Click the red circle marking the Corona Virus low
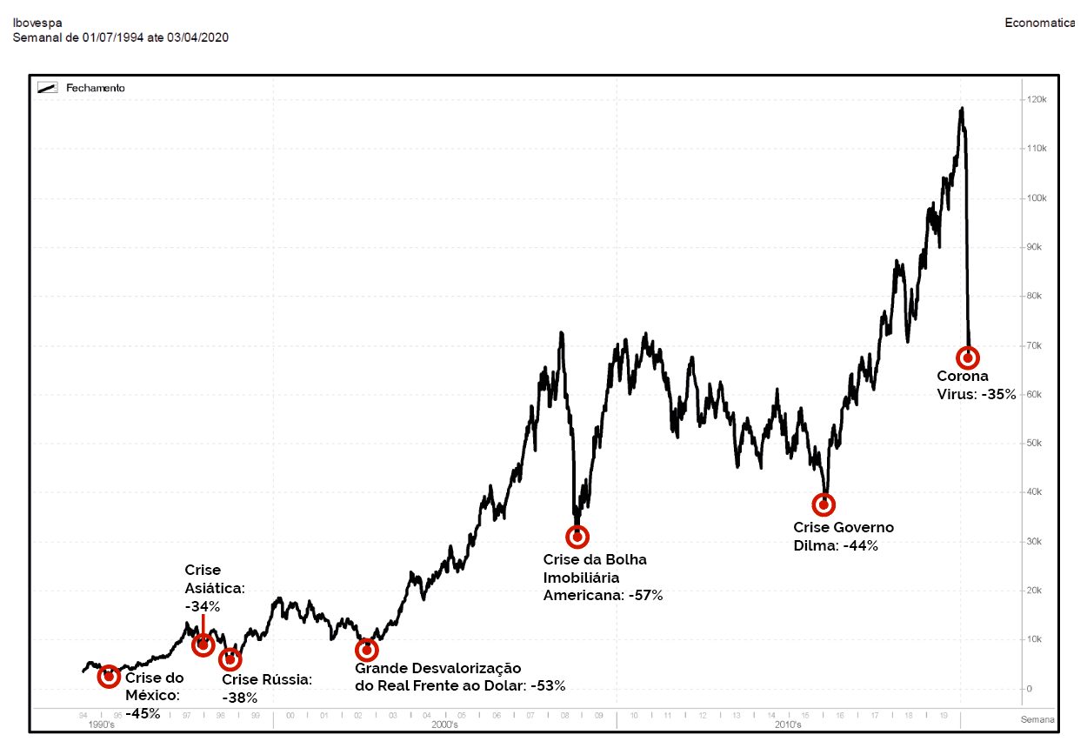[x=968, y=357]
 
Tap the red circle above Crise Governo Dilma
[x=824, y=504]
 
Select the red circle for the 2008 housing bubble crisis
[x=577, y=537]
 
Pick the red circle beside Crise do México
[x=109, y=677]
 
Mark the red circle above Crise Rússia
[x=230, y=658]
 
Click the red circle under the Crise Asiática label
[x=203, y=644]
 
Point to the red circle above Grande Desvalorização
[x=367, y=650]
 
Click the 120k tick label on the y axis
[x=1035, y=100]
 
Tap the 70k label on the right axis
[x=1035, y=345]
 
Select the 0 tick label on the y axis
[x=1030, y=689]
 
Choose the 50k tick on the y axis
[x=1035, y=444]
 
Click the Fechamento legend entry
[x=96, y=88]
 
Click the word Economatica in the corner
[x=1039, y=23]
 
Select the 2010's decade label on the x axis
[x=787, y=724]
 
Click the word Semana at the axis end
[x=1037, y=719]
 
